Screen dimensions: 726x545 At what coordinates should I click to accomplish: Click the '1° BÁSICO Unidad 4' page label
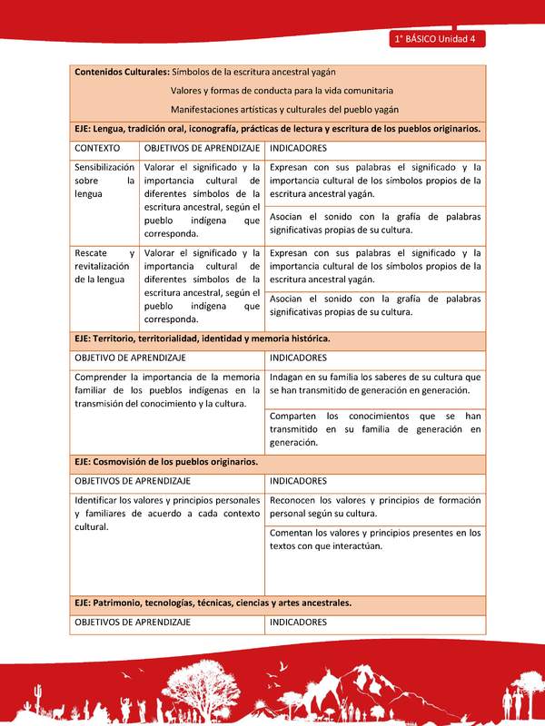(438, 39)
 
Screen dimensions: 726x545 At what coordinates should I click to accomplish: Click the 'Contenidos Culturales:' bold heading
(121, 72)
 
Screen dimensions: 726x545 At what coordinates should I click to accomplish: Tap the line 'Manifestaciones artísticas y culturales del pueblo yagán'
(284, 110)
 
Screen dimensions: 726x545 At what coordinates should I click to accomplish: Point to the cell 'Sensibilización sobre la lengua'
(104, 181)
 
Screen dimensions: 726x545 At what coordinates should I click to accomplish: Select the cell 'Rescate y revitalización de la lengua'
(104, 266)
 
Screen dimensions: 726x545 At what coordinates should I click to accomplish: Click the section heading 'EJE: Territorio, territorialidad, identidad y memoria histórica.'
(202, 338)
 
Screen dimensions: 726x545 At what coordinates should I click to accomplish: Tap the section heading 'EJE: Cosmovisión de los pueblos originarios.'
(166, 461)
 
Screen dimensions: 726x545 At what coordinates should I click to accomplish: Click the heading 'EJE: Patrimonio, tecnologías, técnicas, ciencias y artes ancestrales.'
(213, 603)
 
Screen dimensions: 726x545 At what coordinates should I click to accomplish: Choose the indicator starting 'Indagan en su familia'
(375, 383)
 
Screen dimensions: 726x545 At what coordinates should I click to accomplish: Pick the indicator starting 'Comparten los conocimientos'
(375, 428)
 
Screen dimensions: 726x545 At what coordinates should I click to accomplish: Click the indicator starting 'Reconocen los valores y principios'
(375, 505)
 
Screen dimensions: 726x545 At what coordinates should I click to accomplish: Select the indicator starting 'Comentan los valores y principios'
(375, 539)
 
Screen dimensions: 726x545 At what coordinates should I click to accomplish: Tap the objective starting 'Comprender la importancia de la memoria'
(167, 390)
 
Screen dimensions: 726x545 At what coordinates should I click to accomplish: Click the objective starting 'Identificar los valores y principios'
(167, 513)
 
